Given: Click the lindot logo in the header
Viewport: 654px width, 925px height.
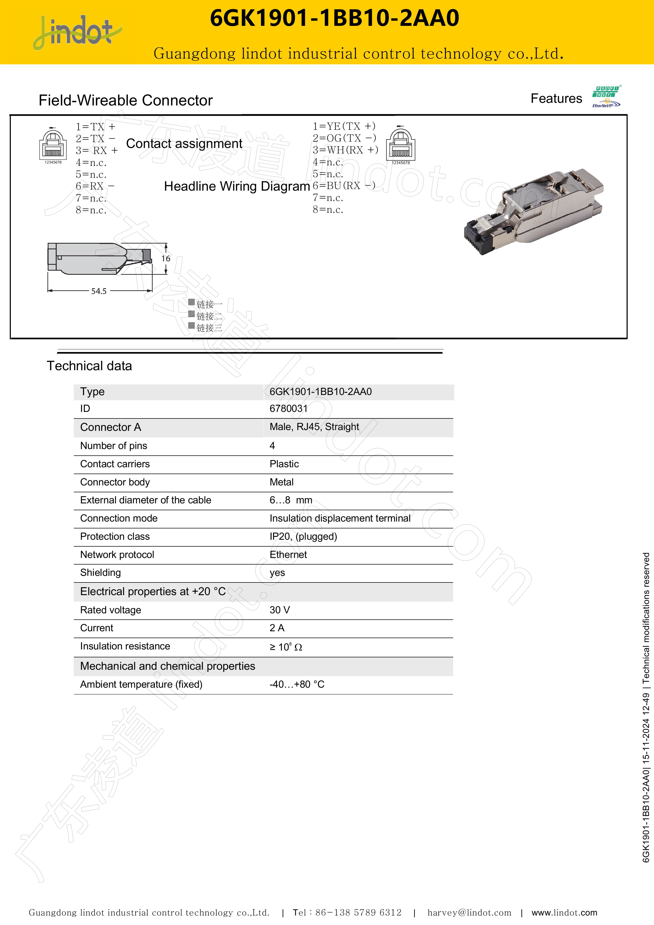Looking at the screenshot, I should (76, 32).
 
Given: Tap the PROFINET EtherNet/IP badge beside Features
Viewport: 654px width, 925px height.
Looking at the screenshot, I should (606, 97).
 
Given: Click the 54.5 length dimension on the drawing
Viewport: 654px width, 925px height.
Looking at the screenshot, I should (99, 291).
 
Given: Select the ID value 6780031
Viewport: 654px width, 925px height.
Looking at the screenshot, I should (288, 408).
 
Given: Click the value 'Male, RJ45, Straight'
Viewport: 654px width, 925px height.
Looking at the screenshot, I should (314, 427).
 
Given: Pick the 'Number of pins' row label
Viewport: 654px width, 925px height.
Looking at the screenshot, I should (114, 446).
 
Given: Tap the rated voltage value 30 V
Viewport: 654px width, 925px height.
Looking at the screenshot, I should (279, 610).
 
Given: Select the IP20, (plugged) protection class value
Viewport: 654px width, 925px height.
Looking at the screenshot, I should (303, 536).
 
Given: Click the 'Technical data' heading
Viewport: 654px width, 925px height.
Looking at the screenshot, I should (89, 366).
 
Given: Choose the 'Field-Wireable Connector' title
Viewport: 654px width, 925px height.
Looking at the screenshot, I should (126, 100).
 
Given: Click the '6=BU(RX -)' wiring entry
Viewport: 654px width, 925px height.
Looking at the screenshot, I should (344, 185).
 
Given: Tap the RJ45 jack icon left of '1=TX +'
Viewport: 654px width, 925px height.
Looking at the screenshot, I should (53, 145).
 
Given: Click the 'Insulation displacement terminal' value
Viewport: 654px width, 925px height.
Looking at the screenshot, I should (340, 518).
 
